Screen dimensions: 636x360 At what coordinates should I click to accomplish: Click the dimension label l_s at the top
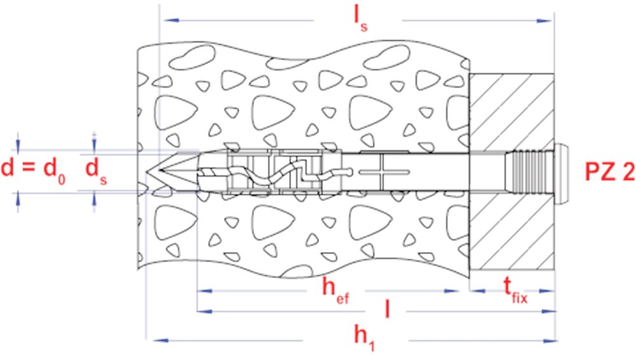(x=361, y=19)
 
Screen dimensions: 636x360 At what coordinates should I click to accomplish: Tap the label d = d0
(x=33, y=169)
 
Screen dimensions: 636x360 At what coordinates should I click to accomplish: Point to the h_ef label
(x=335, y=291)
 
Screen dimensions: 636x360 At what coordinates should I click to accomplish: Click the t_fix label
(x=515, y=291)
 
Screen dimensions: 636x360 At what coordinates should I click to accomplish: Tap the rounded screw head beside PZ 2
(x=561, y=173)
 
